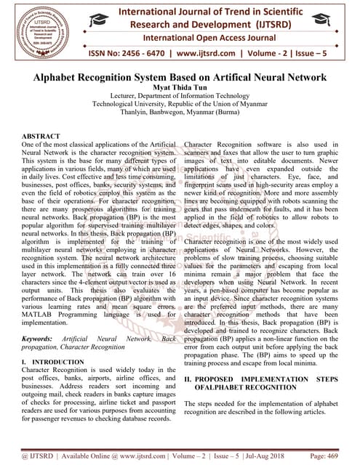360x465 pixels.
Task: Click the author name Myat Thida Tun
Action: [x=180, y=88]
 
